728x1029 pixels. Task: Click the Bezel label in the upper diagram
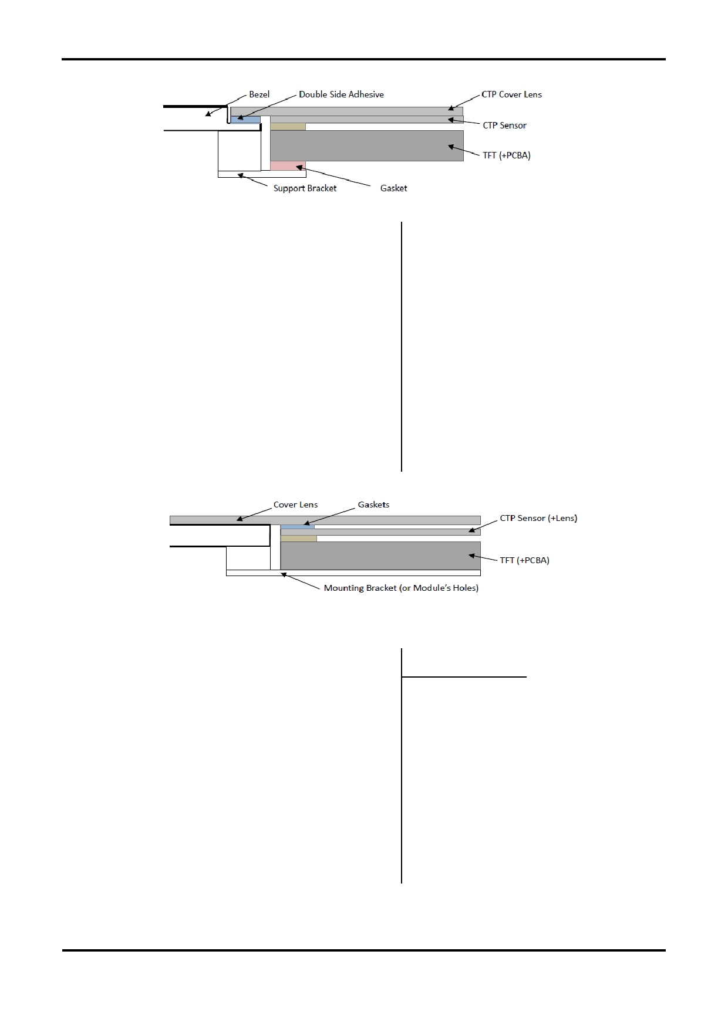tap(259, 94)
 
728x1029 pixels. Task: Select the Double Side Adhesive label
tap(341, 94)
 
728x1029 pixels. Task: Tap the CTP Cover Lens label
tap(511, 94)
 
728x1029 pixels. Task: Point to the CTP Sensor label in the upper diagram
tap(504, 126)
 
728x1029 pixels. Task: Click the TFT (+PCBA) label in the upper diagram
tap(506, 156)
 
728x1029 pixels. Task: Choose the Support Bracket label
tap(305, 188)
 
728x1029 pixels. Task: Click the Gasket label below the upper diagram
tap(393, 188)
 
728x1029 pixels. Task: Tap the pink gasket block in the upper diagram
tap(288, 166)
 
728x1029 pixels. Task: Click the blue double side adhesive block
tap(245, 120)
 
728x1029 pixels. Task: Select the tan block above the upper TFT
tap(288, 127)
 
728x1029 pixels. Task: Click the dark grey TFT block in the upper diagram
tap(367, 145)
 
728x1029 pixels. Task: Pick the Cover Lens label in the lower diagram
tap(295, 505)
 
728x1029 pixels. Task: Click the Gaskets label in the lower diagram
tap(373, 505)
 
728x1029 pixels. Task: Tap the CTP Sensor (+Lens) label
tap(538, 519)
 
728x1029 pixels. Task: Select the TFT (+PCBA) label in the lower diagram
tap(524, 560)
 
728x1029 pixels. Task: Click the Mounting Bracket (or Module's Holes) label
tap(401, 588)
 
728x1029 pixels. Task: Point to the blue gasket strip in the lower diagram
tap(298, 527)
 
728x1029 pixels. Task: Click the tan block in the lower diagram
tap(299, 539)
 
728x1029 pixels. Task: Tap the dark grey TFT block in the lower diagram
tap(380, 556)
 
